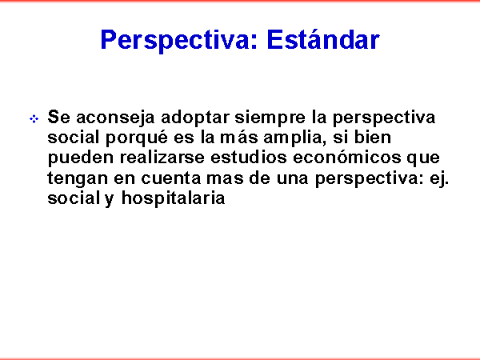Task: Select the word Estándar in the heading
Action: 323,39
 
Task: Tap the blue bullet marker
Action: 34,118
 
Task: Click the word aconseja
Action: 115,118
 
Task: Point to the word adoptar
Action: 195,118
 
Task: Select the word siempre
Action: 270,118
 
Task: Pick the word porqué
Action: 137,138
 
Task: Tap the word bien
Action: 373,137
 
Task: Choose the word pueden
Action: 81,158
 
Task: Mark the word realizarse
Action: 162,158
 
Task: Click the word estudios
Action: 249,158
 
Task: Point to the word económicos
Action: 346,158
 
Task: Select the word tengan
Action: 78,178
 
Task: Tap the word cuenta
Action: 171,178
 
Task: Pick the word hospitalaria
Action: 174,198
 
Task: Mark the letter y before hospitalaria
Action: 109,200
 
